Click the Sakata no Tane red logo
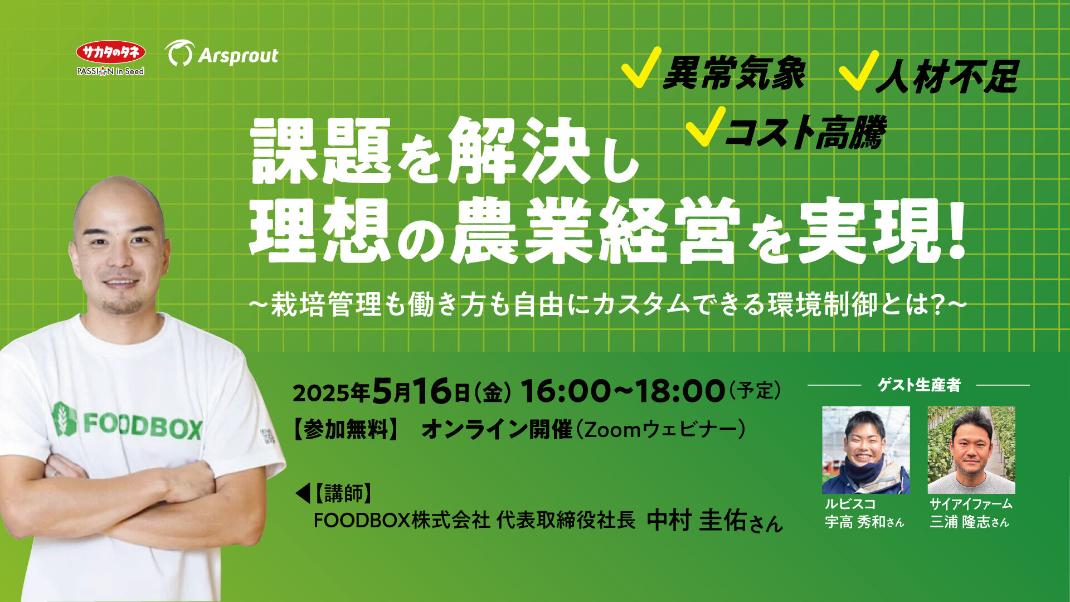[111, 52]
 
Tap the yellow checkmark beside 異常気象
[640, 68]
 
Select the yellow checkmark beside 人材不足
[858, 70]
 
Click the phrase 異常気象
[734, 74]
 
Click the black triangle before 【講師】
[302, 493]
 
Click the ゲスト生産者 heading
[919, 385]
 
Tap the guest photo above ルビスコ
[866, 450]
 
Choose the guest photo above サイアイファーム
[971, 450]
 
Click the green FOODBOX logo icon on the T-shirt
[64, 419]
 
